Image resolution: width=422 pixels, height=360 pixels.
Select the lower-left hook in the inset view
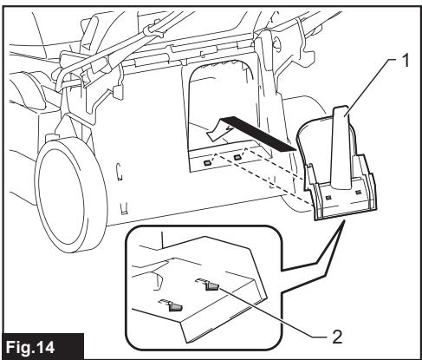[x=173, y=305]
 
